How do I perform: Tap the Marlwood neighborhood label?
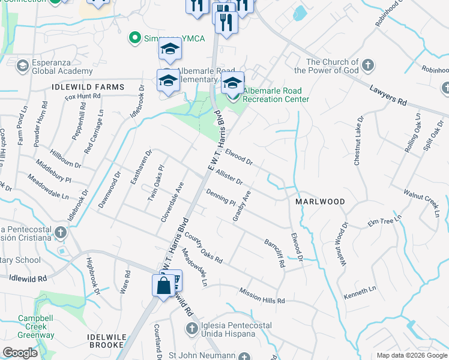320,202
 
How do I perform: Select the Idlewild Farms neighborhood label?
88,87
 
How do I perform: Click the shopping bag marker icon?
163,286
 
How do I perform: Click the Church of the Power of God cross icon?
367,64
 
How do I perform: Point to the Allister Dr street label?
229,177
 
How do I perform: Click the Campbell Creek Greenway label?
36,326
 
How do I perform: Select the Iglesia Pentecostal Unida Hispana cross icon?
191,328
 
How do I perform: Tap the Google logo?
20,353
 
